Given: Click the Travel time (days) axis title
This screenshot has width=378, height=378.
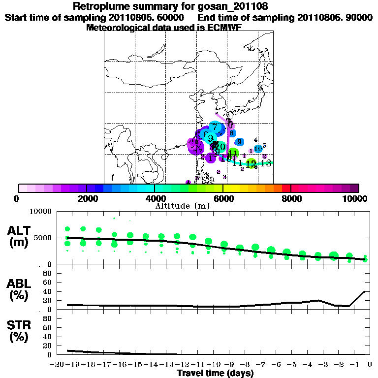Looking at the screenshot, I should tap(215, 373).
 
